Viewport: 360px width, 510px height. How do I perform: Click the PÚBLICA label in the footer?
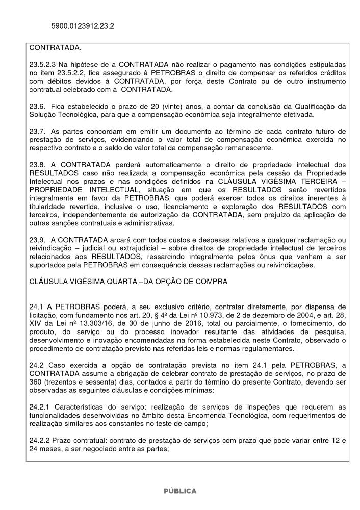pos(179,491)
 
